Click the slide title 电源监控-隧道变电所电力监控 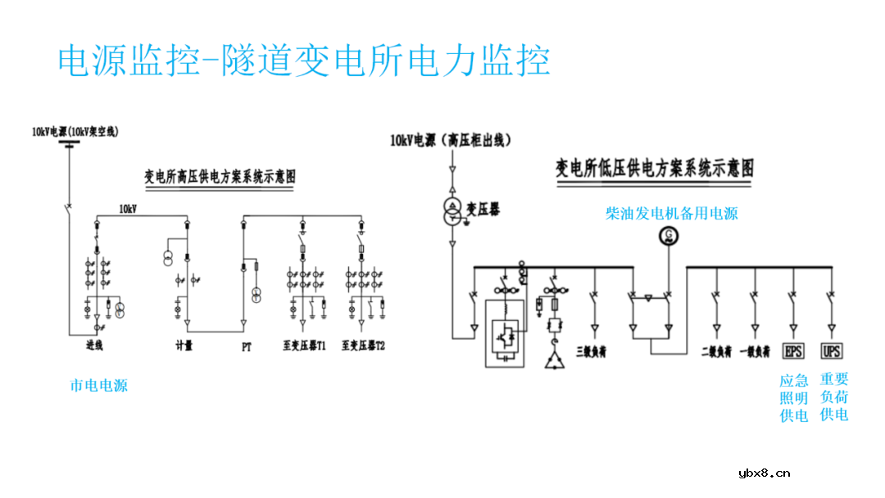(x=304, y=60)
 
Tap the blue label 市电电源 (x=98, y=385)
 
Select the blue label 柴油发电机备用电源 (x=671, y=214)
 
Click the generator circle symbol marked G (x=670, y=237)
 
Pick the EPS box (x=794, y=351)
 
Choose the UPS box (x=832, y=351)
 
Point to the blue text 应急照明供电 (x=793, y=397)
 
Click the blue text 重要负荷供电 (x=834, y=397)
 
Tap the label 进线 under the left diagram (x=95, y=346)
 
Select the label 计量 (x=184, y=346)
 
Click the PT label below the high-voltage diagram (x=246, y=346)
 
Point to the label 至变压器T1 (x=305, y=346)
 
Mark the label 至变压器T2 (x=364, y=346)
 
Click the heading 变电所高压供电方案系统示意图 (x=220, y=176)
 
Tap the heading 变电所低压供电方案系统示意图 (x=655, y=169)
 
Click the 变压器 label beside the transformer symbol (x=483, y=210)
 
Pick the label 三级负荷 (x=591, y=351)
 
